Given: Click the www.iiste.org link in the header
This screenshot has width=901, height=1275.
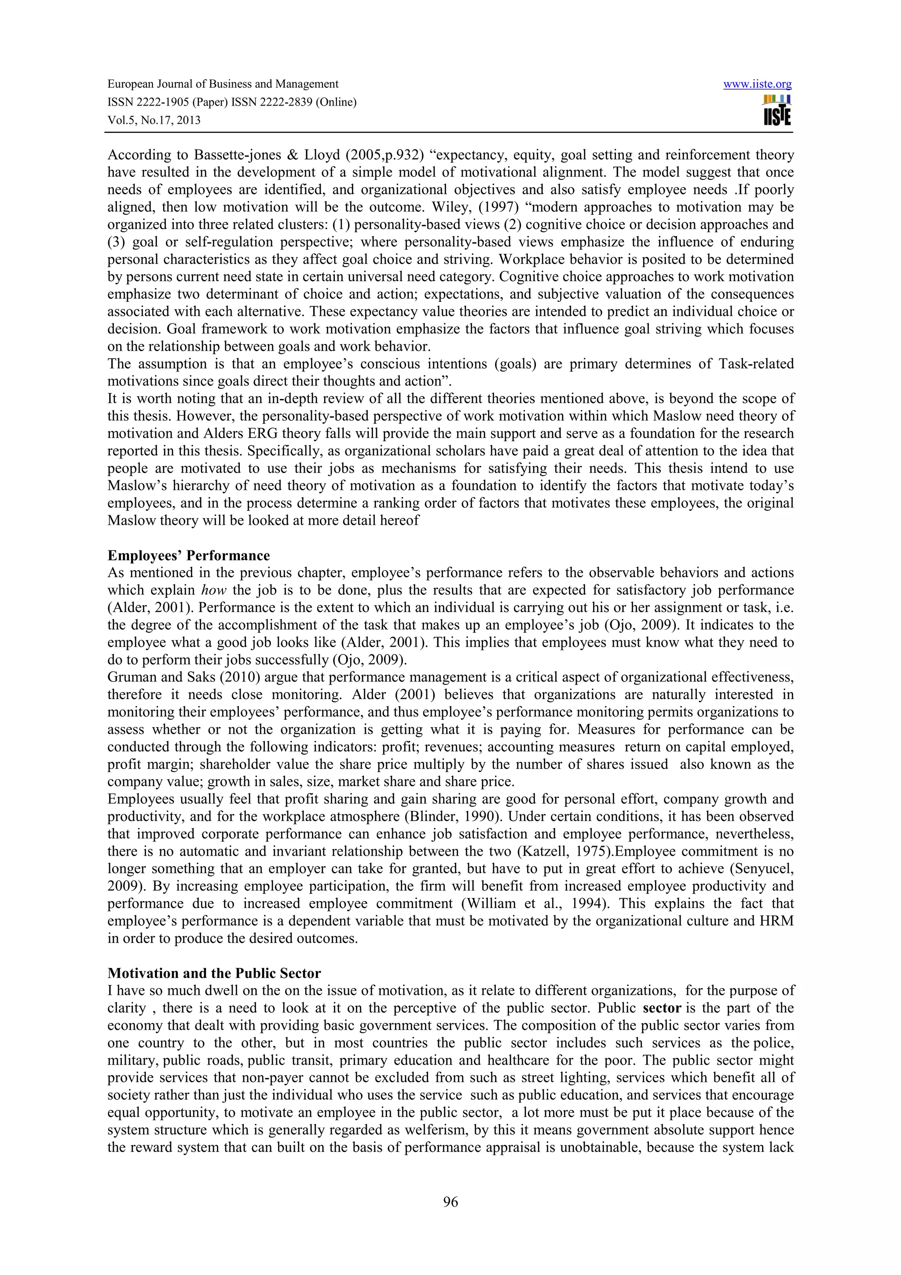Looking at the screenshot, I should click(x=757, y=84).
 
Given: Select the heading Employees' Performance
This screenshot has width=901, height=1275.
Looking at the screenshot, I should click(x=188, y=555).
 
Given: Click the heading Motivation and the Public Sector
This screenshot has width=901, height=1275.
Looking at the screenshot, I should click(x=214, y=974).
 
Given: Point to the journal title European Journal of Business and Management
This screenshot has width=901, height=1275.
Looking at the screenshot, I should click(x=223, y=84).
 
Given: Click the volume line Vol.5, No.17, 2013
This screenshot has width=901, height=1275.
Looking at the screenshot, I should click(x=154, y=120).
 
